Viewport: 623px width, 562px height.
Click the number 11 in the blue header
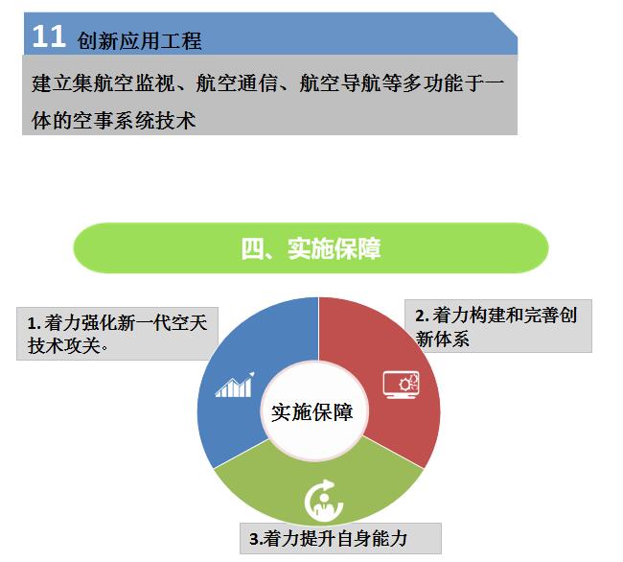pyautogui.click(x=49, y=36)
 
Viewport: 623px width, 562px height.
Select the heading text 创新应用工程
pyautogui.click(x=140, y=41)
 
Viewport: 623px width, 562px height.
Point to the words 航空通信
pyautogui.click(x=237, y=83)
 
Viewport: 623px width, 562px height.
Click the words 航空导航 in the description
pyautogui.click(x=339, y=83)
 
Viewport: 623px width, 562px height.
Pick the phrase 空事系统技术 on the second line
pyautogui.click(x=134, y=121)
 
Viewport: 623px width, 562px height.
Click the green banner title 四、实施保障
pyautogui.click(x=311, y=248)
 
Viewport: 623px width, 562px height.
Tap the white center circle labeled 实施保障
pyautogui.click(x=313, y=411)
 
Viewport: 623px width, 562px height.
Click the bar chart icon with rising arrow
pyautogui.click(x=235, y=385)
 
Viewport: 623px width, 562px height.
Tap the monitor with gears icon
pyautogui.click(x=402, y=385)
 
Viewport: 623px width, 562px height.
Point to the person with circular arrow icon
pyautogui.click(x=323, y=500)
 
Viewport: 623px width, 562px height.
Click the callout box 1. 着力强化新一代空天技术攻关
pyautogui.click(x=117, y=334)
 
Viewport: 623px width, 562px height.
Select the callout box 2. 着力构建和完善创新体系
pyautogui.click(x=498, y=326)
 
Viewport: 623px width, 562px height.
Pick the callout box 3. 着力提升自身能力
pyautogui.click(x=340, y=538)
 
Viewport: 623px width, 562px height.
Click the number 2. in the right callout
pyautogui.click(x=422, y=316)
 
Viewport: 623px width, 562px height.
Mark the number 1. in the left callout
pyautogui.click(x=35, y=323)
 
